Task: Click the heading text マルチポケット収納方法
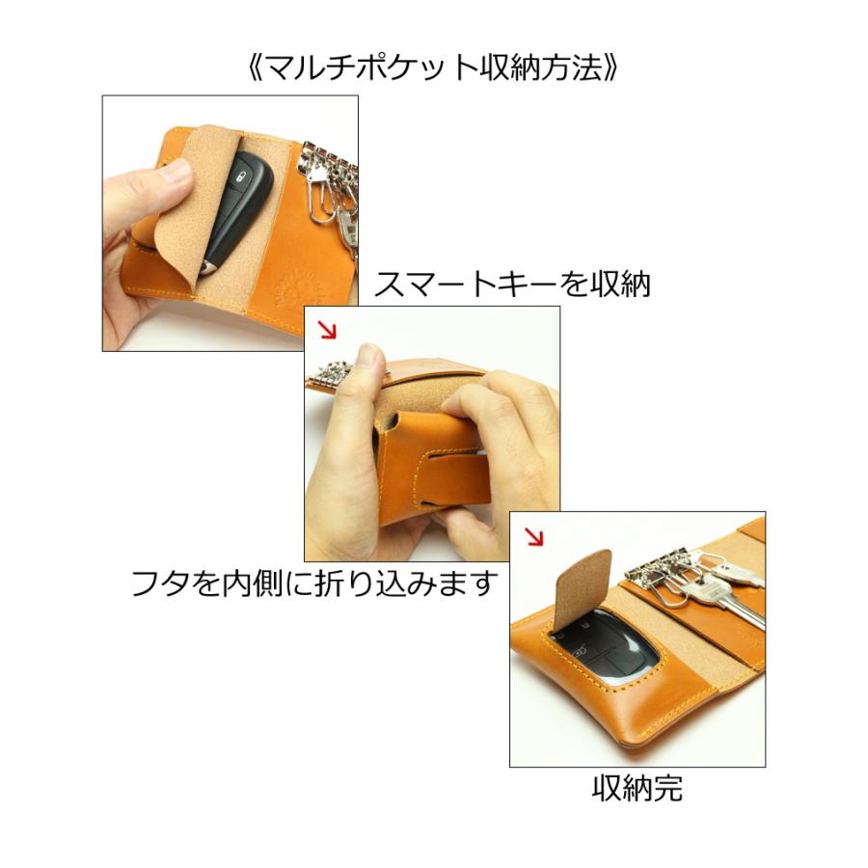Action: pyautogui.click(x=433, y=69)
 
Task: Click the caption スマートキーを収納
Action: pyautogui.click(x=512, y=285)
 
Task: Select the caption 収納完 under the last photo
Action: pyautogui.click(x=637, y=788)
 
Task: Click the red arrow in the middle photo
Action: pyautogui.click(x=329, y=330)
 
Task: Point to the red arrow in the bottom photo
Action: pyautogui.click(x=533, y=535)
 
